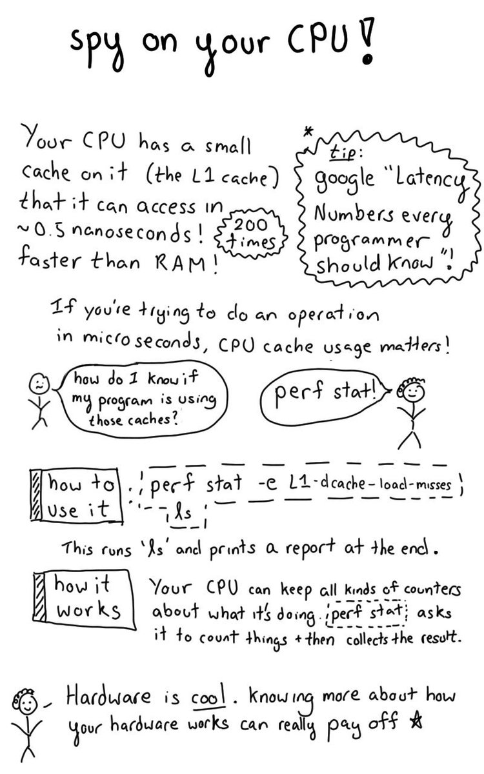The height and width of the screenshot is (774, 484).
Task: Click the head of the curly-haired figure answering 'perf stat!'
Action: [x=410, y=392]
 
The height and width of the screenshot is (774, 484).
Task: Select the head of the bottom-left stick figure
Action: [x=27, y=704]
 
